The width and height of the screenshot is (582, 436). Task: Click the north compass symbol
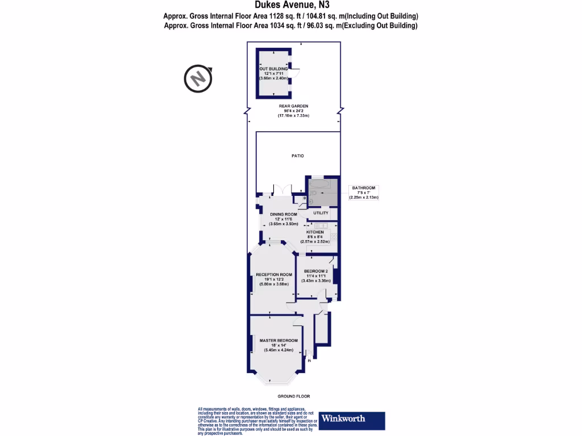point(197,78)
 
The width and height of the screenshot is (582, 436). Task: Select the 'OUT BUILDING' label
point(273,69)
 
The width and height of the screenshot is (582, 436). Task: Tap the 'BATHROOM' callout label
point(364,188)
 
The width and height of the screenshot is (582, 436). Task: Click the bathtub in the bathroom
point(319,183)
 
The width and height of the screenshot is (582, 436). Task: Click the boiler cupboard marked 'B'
point(304,198)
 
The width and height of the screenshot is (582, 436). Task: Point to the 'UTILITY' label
point(321,213)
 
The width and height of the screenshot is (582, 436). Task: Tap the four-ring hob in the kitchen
point(334,237)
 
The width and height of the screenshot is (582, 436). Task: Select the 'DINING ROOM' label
point(284,214)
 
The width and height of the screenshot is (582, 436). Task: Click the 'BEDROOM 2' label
point(316,271)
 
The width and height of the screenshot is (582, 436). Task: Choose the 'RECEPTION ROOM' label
point(274,275)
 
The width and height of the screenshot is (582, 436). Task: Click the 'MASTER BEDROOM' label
point(278,340)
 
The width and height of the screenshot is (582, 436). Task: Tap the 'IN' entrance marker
point(310,360)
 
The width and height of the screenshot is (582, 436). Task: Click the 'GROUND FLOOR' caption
point(294,396)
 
